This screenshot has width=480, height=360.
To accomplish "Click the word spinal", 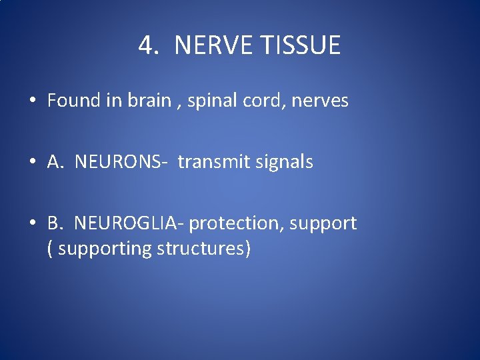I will pos(209,101).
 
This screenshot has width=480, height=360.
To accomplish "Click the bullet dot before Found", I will pos(32,101).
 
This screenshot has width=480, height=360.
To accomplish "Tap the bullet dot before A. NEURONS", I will pos(32,162).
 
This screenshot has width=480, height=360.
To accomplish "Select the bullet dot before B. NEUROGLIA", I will pos(32,223).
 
